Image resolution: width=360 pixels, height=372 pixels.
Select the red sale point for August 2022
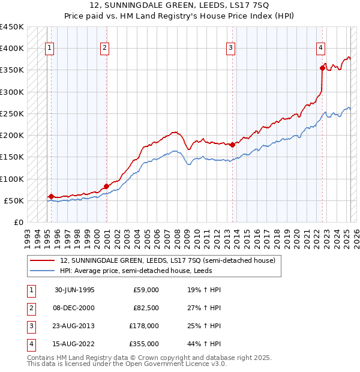click(323, 68)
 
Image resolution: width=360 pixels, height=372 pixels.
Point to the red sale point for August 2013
click(232, 145)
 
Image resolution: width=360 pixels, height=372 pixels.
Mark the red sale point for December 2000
click(106, 186)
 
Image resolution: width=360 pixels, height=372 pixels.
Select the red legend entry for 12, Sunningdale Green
click(167, 260)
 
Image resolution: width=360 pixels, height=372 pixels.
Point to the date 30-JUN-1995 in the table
click(74, 290)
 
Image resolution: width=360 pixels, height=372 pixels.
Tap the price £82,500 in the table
click(145, 308)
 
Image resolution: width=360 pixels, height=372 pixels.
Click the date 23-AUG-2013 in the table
click(74, 326)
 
